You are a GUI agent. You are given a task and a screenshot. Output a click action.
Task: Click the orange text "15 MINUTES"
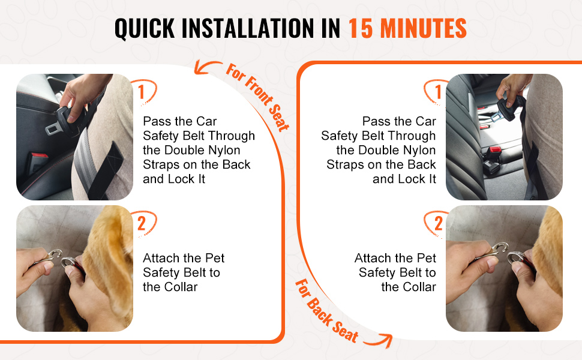407,28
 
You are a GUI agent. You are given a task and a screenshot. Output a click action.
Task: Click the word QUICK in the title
145,29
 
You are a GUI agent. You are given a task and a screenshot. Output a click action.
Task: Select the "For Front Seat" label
257,97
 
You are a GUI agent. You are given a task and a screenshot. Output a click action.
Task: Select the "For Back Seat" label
326,311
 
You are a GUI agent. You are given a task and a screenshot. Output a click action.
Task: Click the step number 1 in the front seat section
141,92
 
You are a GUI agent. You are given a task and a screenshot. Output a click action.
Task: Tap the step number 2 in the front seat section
142,223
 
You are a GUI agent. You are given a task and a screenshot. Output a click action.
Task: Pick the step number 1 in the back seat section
439,92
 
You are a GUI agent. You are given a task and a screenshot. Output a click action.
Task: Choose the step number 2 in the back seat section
439,223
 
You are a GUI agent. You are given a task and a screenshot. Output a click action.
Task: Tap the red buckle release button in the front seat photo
39,155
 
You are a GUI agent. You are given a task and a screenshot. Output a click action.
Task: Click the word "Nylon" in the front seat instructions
223,151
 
